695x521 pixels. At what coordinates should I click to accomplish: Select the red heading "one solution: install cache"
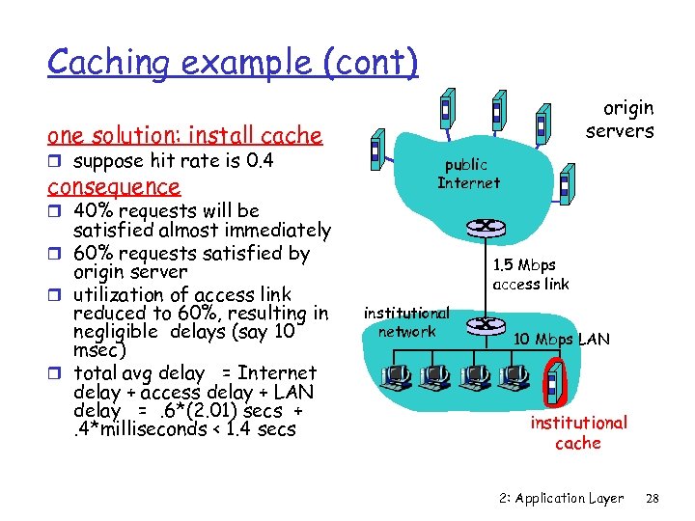pyautogui.click(x=184, y=135)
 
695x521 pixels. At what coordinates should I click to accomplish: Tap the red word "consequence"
pyautogui.click(x=114, y=186)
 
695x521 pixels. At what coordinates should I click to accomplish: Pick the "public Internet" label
pyautogui.click(x=468, y=174)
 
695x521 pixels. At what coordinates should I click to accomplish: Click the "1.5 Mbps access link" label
pyautogui.click(x=530, y=274)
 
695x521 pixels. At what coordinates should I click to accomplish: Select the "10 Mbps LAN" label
pyautogui.click(x=562, y=339)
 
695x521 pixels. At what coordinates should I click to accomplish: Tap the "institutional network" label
pyautogui.click(x=406, y=322)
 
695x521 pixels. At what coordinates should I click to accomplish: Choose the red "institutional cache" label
pyautogui.click(x=578, y=432)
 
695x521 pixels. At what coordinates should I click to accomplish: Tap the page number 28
pyautogui.click(x=652, y=498)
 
